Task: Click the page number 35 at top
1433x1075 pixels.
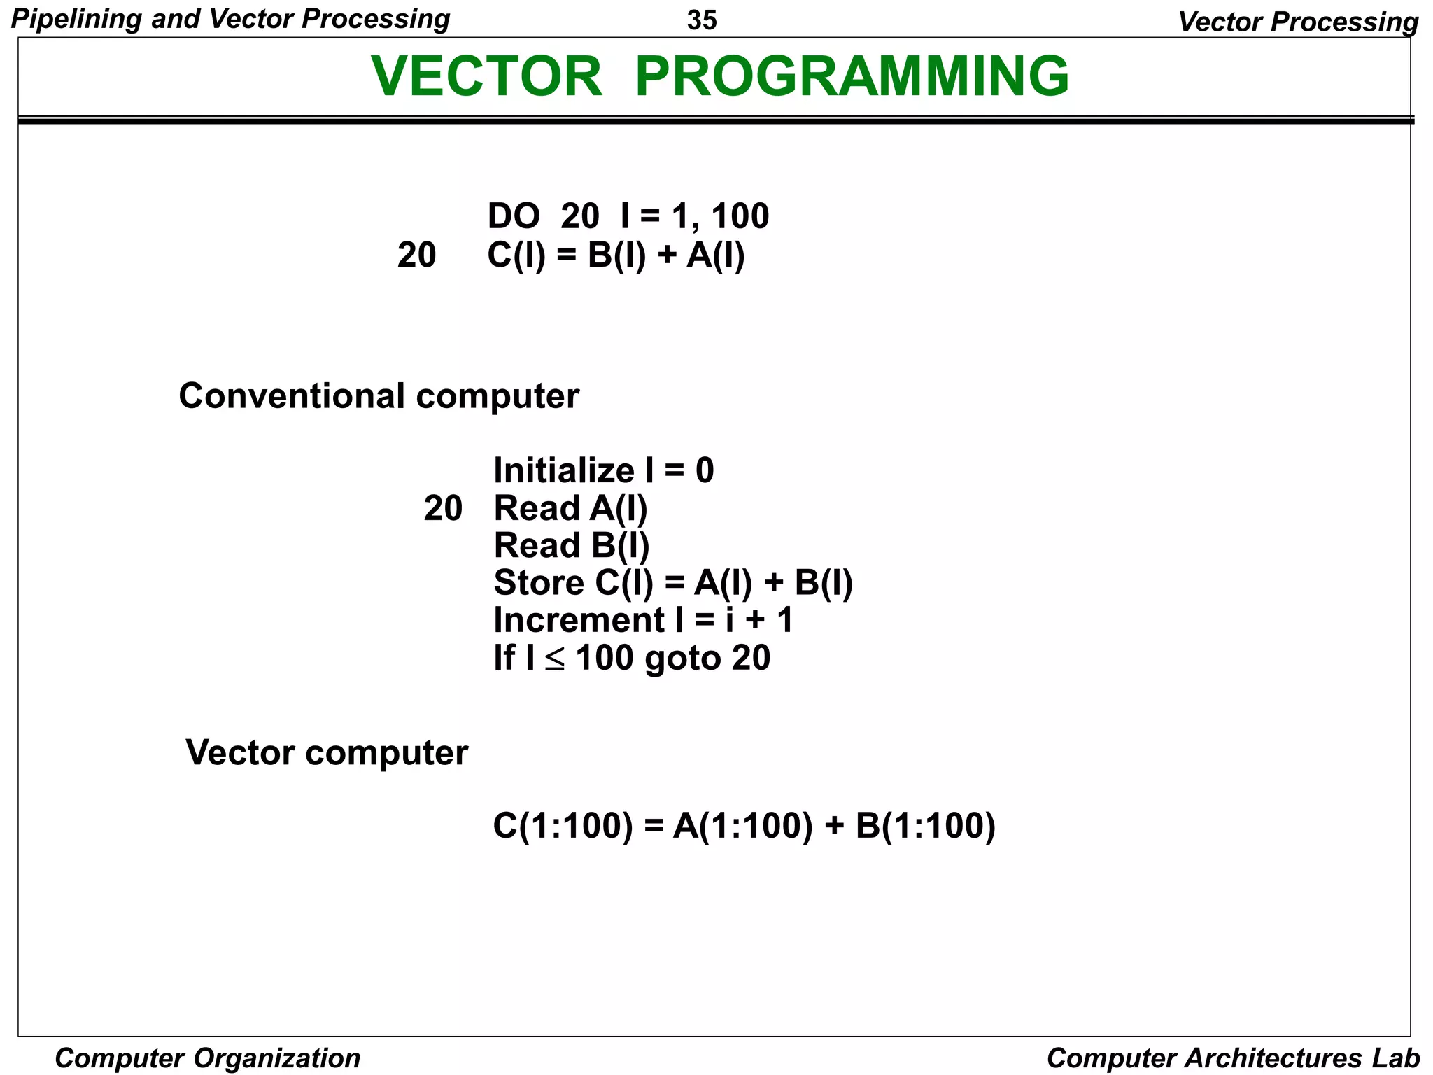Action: [x=702, y=21]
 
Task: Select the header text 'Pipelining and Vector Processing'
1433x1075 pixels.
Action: [x=230, y=19]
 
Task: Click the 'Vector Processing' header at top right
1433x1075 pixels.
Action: [x=1298, y=22]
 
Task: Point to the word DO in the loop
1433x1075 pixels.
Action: [x=514, y=216]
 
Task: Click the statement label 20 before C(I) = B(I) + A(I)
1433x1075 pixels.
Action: [x=416, y=255]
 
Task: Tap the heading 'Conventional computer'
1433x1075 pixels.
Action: [x=379, y=396]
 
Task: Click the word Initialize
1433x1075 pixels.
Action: [x=563, y=470]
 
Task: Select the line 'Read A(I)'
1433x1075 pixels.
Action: [x=570, y=508]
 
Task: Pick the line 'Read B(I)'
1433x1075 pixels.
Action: [x=572, y=545]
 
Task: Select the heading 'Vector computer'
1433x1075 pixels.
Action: [x=326, y=753]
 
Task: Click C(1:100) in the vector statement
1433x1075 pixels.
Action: [x=563, y=826]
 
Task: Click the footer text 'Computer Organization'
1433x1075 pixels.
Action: [x=207, y=1058]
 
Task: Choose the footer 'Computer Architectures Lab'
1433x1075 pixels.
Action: [x=1233, y=1058]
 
